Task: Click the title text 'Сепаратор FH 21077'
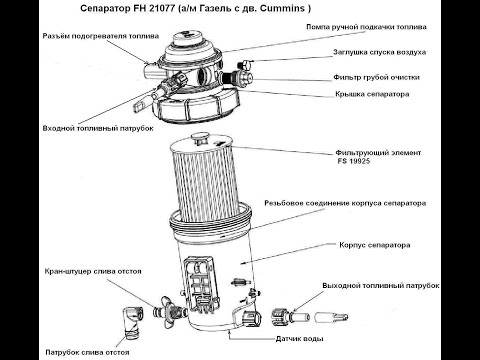128,8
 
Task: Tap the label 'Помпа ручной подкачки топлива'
366,27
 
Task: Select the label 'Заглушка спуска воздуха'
380,52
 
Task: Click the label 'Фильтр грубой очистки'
377,77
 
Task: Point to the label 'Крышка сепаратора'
372,94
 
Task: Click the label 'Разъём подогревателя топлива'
101,36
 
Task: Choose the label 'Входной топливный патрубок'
98,128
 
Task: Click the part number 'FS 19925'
353,161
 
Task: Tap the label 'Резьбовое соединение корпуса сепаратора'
345,203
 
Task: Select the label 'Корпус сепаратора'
375,245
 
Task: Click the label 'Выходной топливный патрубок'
381,286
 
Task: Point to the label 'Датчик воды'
299,339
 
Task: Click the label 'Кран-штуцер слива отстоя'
93,271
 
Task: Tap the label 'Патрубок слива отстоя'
87,352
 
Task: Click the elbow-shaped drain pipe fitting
132,322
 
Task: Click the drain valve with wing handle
170,312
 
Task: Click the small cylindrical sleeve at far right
331,317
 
